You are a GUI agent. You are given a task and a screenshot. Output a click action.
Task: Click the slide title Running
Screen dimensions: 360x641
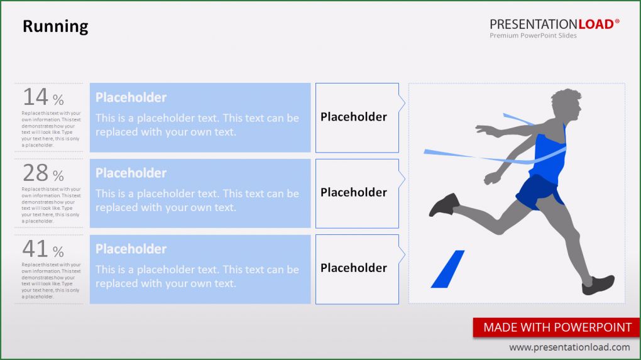click(55, 26)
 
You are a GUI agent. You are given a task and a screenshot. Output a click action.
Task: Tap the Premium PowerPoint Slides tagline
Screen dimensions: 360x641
click(533, 36)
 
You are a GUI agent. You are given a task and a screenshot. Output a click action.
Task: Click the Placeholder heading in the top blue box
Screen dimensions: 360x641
click(131, 97)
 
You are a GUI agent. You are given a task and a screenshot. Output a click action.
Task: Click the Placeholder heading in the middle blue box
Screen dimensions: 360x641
click(131, 173)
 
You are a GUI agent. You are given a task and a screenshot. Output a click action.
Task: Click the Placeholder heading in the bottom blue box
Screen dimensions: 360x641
click(131, 249)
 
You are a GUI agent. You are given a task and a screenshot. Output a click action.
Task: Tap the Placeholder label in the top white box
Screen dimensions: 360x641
click(354, 117)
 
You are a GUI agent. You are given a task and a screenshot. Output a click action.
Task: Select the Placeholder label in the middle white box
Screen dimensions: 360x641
click(354, 192)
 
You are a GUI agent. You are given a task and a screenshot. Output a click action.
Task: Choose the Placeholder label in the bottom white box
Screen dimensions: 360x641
click(354, 268)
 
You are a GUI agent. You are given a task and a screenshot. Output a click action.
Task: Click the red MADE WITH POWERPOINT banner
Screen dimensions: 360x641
click(557, 327)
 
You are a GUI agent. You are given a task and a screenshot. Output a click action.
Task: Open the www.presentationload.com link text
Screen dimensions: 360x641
click(569, 347)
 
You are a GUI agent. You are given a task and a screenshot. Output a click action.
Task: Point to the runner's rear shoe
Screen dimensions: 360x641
click(444, 204)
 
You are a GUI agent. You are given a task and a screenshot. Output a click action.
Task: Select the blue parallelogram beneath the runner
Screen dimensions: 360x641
click(447, 270)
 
